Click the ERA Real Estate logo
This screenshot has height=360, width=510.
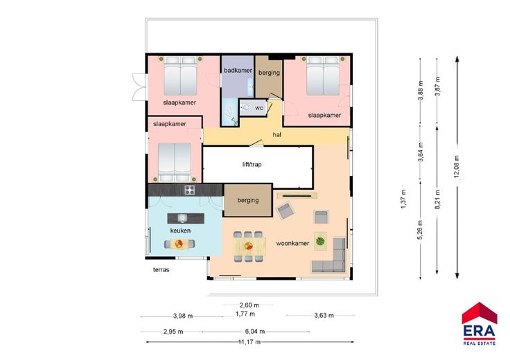[480, 323]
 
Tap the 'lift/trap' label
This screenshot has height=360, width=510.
[252, 164]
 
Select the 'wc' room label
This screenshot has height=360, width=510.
[259, 108]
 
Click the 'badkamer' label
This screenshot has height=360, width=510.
[238, 70]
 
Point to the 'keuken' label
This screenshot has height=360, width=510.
[181, 231]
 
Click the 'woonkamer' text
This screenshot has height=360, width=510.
[292, 243]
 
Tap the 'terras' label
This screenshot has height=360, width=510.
[161, 269]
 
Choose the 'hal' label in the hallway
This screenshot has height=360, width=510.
[276, 134]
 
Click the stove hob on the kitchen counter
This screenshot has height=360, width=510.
[190, 190]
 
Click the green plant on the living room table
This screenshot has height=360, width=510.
[320, 241]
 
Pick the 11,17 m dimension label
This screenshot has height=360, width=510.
[249, 342]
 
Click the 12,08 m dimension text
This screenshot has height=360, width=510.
[457, 166]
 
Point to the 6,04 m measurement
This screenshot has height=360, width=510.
[255, 332]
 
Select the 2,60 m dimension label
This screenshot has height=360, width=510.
[249, 305]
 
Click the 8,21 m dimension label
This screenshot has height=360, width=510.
[437, 199]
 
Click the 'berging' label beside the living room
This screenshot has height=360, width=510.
[248, 200]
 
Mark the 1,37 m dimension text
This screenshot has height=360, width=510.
[403, 199]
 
